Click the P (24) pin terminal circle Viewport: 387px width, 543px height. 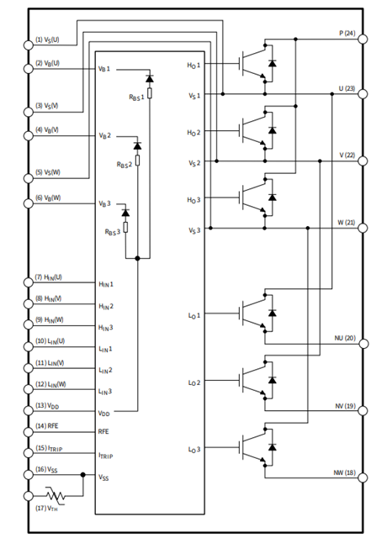tap(363, 39)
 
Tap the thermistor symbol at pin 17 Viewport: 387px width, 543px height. tap(56, 496)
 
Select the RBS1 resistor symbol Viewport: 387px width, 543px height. tap(150, 93)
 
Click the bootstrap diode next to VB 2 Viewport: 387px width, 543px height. tap(137, 145)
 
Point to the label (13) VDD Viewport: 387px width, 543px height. tap(47, 405)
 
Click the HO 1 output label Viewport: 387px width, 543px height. tap(193, 65)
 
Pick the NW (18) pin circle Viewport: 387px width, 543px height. tap(363, 477)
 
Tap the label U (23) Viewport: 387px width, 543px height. tap(347, 88)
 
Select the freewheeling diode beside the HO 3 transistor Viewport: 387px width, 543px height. tap(273, 197)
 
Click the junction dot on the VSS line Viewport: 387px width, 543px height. tap(82, 474)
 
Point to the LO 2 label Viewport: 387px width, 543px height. tap(194, 382)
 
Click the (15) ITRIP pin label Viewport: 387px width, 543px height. tap(49, 448)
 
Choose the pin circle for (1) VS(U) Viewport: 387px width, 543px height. tap(29, 45)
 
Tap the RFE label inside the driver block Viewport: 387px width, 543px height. tap(103, 431)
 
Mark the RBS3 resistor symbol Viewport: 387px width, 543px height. tap(125, 227)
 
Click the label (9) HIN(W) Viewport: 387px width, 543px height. tap(49, 319)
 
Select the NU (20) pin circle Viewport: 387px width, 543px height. tap(363, 344)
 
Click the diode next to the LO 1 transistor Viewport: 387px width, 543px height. tap(273, 313)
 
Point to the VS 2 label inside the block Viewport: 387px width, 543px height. tap(194, 163)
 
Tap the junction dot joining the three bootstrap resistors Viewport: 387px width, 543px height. tap(137, 258)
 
